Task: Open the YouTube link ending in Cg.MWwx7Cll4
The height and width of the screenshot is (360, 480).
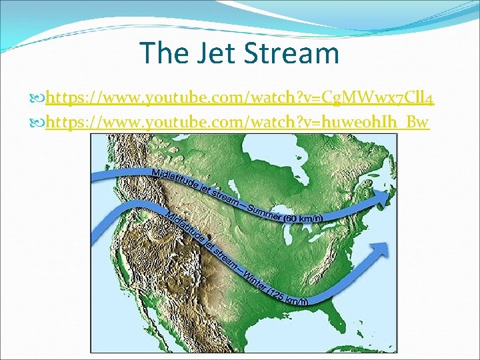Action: point(240,100)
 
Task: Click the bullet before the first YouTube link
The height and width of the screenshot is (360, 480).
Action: point(38,101)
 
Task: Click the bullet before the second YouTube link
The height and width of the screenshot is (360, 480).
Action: point(38,123)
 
